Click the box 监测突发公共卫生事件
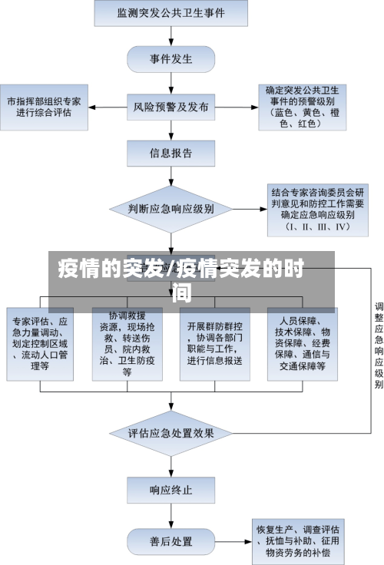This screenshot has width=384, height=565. (x=171, y=13)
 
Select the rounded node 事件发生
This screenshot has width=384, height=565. (x=171, y=58)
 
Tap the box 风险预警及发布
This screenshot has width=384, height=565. (x=171, y=107)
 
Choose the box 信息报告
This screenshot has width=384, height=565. (x=171, y=153)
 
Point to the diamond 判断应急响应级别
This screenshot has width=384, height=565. (x=171, y=208)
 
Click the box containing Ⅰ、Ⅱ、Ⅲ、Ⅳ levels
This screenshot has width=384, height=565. (x=306, y=207)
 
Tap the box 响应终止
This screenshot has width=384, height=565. (x=171, y=488)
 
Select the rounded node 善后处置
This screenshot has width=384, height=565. (x=171, y=541)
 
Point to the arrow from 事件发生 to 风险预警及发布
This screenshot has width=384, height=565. (x=171, y=82)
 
